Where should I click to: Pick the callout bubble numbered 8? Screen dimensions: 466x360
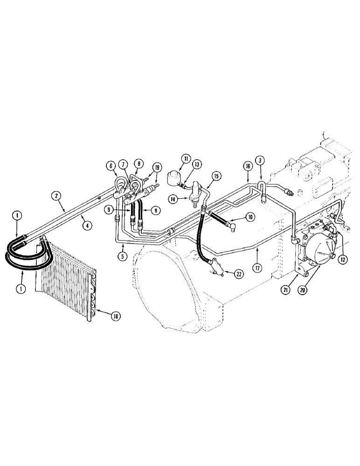(x=139, y=164)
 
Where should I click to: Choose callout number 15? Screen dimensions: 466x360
(x=216, y=176)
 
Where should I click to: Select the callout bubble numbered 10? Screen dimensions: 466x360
(x=250, y=216)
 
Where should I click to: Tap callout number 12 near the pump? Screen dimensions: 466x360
(x=344, y=259)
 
